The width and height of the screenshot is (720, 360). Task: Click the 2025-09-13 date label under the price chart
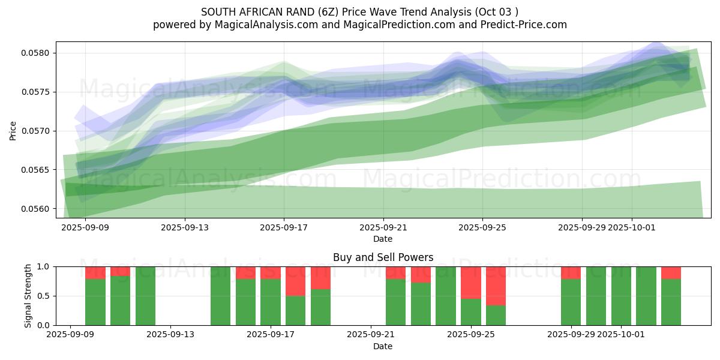(x=184, y=227)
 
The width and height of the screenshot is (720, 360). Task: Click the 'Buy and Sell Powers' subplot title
(x=383, y=257)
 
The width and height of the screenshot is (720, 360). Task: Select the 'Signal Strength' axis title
(x=28, y=296)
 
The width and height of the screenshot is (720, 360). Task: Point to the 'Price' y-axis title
(x=14, y=130)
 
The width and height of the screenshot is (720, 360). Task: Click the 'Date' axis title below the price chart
(x=383, y=239)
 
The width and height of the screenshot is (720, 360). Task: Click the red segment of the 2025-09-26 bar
(x=496, y=286)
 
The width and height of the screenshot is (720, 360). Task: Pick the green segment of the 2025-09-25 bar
(x=471, y=312)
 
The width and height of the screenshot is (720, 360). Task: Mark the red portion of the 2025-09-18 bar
(x=296, y=281)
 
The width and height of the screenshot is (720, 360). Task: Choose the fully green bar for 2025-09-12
(x=146, y=296)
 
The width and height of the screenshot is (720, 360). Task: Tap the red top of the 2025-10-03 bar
(x=671, y=273)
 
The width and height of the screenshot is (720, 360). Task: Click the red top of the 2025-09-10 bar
(x=95, y=273)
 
